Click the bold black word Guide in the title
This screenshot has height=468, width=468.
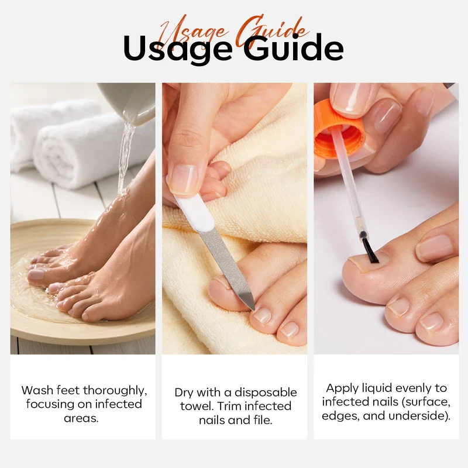[x=294, y=47]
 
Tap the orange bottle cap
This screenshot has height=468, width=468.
[x=339, y=128]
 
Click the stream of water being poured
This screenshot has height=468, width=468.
[x=125, y=158]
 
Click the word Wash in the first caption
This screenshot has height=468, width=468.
[x=37, y=390]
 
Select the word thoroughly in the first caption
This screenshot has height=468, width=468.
[x=115, y=391]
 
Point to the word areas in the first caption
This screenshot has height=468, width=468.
[x=81, y=418]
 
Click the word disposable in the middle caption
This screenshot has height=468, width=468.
[x=266, y=393]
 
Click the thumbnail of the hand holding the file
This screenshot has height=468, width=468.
[x=183, y=180]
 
